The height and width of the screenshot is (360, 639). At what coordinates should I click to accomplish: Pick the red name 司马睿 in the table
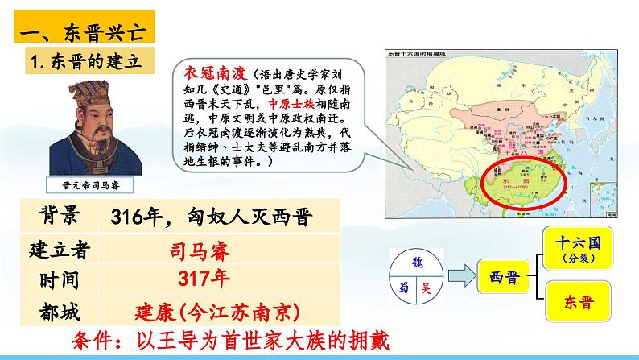pyautogui.click(x=199, y=250)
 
